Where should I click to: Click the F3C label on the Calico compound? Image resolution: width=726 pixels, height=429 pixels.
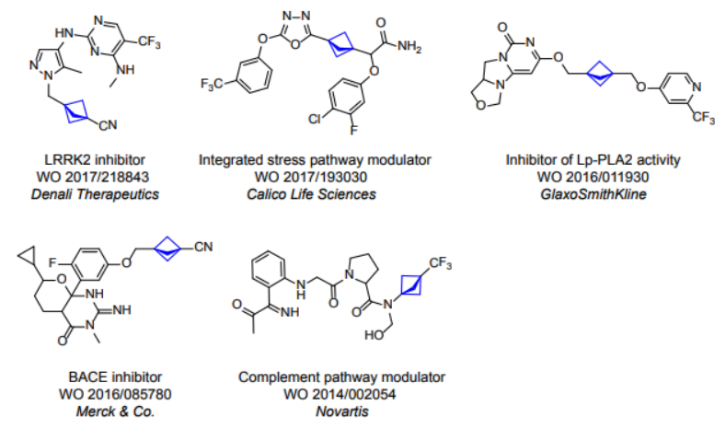[211, 86]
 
